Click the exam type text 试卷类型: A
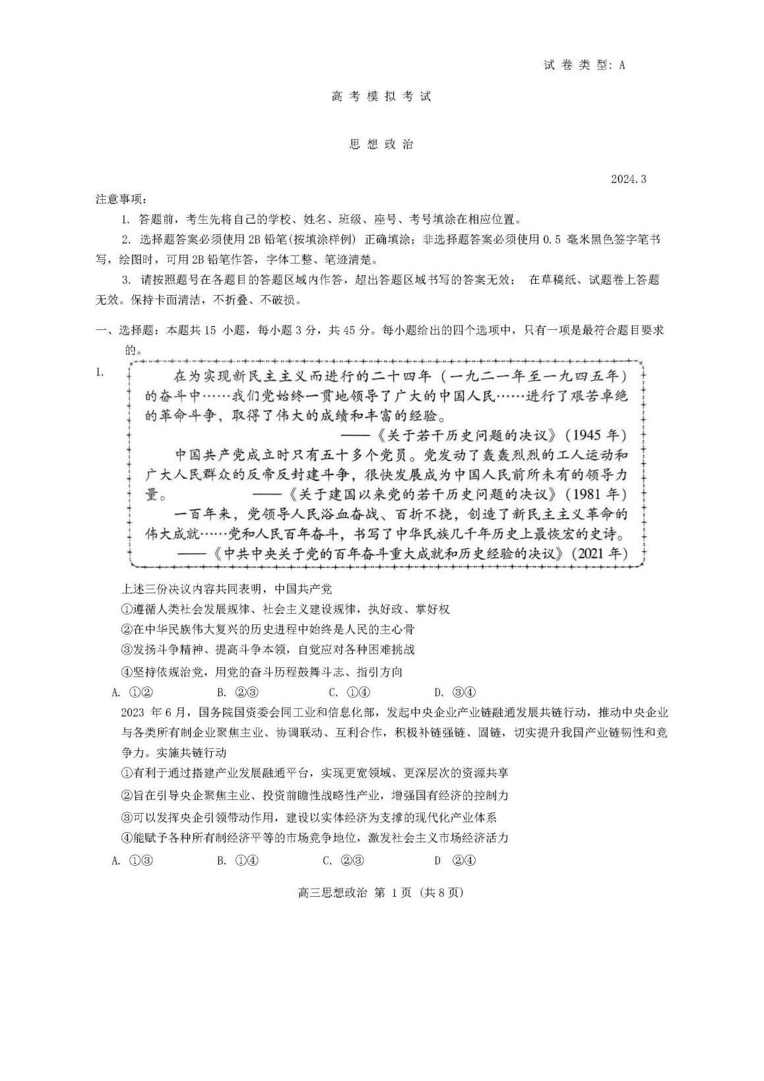[584, 65]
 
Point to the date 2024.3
[628, 180]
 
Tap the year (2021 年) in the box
[599, 553]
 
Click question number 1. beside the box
[100, 373]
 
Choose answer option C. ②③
[343, 861]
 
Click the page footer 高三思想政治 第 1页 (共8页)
[381, 892]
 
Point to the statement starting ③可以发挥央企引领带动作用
[309, 818]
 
